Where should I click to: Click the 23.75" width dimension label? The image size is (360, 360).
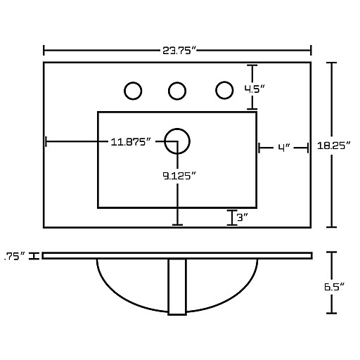click(x=179, y=51)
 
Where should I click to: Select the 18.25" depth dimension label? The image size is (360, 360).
click(x=334, y=146)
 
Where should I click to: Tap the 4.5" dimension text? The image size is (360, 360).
click(x=255, y=89)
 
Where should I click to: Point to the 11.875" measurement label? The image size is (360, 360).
click(x=131, y=142)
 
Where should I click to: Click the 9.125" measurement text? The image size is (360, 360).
click(x=179, y=176)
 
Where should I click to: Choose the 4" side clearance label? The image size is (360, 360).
click(x=284, y=148)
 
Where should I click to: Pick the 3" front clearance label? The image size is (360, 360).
click(x=243, y=217)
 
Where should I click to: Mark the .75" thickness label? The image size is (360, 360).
click(x=15, y=256)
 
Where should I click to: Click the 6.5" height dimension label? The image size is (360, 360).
click(x=335, y=287)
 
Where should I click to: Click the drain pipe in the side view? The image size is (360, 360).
click(x=177, y=287)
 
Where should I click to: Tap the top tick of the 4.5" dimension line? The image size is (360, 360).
click(x=252, y=65)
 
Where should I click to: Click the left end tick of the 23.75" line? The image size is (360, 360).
click(x=44, y=51)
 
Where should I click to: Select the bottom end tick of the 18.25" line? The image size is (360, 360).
click(x=332, y=227)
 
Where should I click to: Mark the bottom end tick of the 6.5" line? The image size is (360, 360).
click(x=332, y=313)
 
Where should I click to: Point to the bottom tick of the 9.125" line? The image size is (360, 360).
click(x=177, y=225)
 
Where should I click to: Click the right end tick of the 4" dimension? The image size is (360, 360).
click(x=308, y=148)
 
